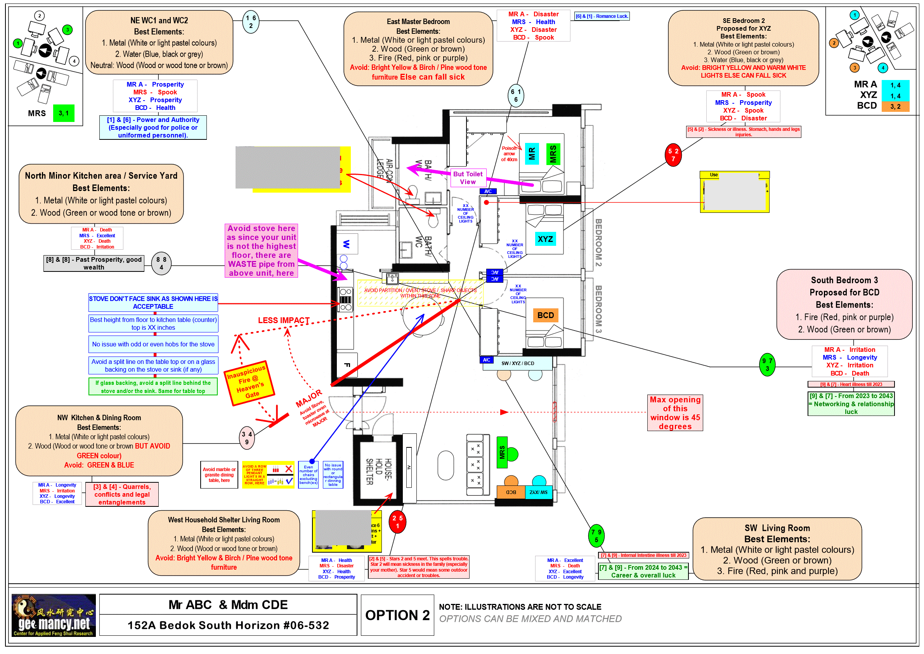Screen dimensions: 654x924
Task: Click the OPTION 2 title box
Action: pos(397,615)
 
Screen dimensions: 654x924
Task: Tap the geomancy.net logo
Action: pos(54,615)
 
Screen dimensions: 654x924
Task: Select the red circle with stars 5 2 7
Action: pos(673,155)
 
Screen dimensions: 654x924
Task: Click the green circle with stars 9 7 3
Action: pos(767,364)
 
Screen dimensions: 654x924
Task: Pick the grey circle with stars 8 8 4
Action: pos(161,263)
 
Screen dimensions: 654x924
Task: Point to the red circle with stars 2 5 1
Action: pos(397,522)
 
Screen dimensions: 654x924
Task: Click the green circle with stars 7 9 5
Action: pos(596,536)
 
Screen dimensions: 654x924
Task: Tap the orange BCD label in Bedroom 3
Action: pos(545,315)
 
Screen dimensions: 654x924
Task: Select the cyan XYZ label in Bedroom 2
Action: pos(545,239)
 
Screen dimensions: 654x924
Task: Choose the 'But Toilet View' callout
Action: pos(468,177)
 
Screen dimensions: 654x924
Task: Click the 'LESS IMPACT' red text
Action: pos(284,320)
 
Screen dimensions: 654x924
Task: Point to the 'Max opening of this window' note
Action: pos(675,413)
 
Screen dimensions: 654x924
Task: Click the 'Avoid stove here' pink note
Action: pos(261,250)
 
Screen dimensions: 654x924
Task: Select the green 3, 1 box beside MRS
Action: pos(64,113)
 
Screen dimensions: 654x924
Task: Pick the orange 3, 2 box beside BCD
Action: pos(895,106)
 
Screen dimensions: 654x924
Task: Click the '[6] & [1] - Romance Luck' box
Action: pos(602,16)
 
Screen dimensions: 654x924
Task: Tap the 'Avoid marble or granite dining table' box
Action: pos(219,475)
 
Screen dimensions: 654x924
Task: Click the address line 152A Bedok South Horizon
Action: pos(228,625)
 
